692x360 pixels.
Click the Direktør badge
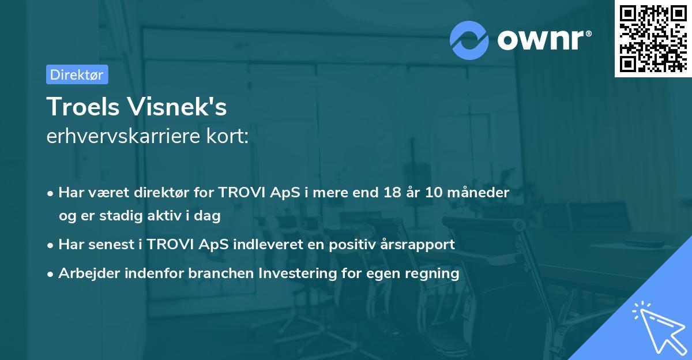click(x=77, y=74)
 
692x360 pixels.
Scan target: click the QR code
click(x=652, y=38)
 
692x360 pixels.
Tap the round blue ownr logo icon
click(x=469, y=40)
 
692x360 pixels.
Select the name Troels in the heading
click(x=86, y=107)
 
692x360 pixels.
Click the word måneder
click(x=480, y=193)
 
